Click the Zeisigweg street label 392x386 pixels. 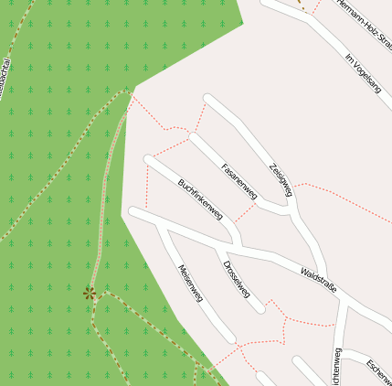click(281, 179)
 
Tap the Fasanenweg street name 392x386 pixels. click(240, 181)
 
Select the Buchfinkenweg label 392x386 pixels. click(200, 198)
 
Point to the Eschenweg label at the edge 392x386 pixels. click(378, 371)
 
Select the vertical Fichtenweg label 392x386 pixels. click(337, 368)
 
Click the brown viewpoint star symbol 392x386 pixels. click(90, 293)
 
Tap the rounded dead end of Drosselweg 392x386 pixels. click(261, 308)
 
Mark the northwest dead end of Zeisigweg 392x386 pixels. click(209, 99)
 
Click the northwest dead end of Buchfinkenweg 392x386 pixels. click(149, 161)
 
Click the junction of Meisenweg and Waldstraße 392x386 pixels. click(161, 222)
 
